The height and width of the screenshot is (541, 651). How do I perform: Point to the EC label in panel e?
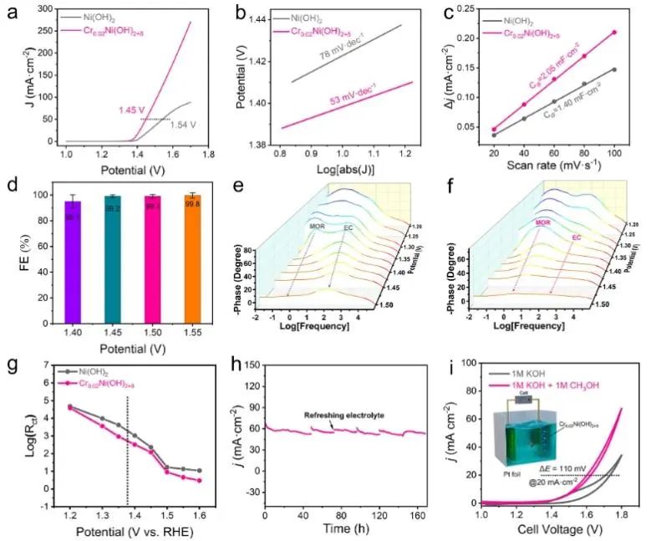point(348,227)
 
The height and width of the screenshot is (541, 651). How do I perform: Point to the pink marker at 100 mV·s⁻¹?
point(614,32)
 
